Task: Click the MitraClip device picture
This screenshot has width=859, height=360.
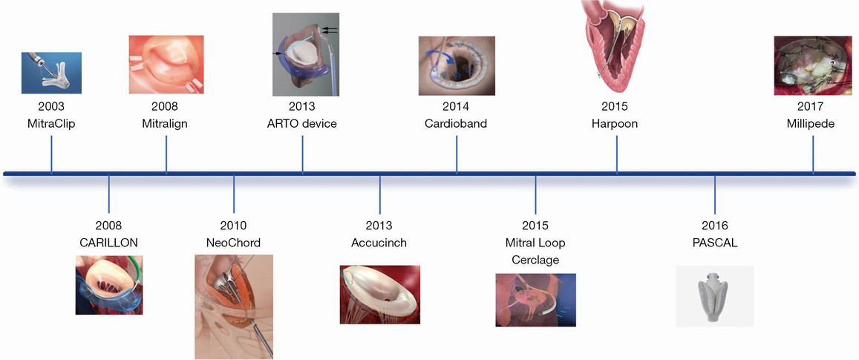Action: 51,73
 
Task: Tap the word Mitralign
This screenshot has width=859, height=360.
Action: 165,124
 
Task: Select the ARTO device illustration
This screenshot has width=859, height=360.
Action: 306,55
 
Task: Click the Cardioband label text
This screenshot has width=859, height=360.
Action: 456,124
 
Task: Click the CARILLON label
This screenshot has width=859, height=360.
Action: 108,242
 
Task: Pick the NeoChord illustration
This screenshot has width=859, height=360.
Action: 234,307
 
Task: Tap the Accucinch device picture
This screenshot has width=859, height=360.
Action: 379,294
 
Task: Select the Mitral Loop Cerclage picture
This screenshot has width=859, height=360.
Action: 536,301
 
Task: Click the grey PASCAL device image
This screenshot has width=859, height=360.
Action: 714,296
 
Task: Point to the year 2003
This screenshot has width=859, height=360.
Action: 51,106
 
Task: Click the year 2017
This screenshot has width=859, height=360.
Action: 812,106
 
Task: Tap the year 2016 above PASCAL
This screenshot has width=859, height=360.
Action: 714,226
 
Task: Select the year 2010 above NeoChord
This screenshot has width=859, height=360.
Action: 234,226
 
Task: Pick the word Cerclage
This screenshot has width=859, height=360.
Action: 536,260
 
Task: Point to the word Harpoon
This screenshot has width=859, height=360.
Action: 615,124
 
